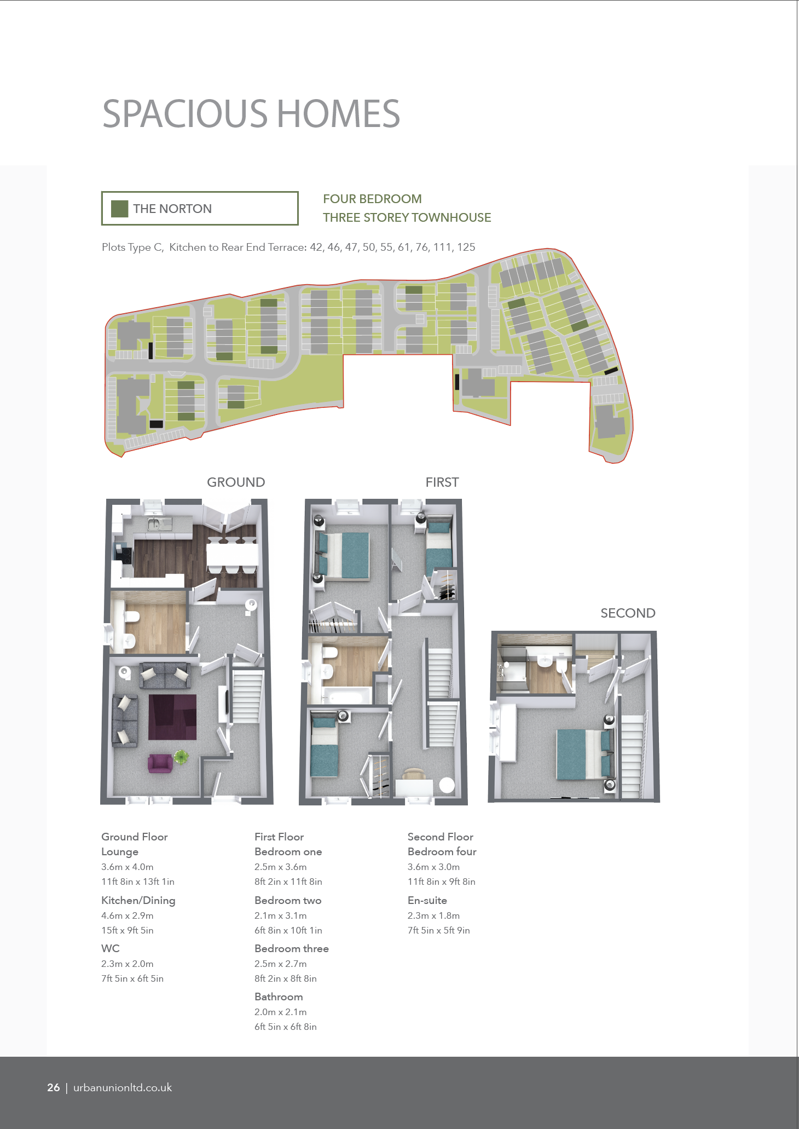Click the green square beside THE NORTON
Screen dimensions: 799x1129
[119, 209]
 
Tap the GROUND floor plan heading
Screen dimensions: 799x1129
[236, 482]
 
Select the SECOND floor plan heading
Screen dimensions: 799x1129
[628, 613]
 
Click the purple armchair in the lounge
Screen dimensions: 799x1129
[160, 763]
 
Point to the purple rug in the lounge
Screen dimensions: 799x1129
[172, 717]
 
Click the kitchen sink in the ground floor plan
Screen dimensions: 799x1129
[159, 524]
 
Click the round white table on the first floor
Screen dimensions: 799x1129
[447, 785]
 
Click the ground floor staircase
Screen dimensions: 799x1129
[247, 698]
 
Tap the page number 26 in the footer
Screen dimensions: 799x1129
[54, 1087]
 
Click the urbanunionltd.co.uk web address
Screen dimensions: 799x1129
[123, 1087]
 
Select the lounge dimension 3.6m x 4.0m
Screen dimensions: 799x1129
[128, 867]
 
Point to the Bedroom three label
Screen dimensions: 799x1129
[292, 948]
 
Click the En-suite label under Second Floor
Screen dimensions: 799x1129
[427, 900]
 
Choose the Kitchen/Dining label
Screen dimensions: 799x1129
[138, 901]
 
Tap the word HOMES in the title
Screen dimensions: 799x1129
[339, 114]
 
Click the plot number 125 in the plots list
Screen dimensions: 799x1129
[466, 247]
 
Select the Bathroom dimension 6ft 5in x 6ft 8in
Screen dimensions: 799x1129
[286, 1027]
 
